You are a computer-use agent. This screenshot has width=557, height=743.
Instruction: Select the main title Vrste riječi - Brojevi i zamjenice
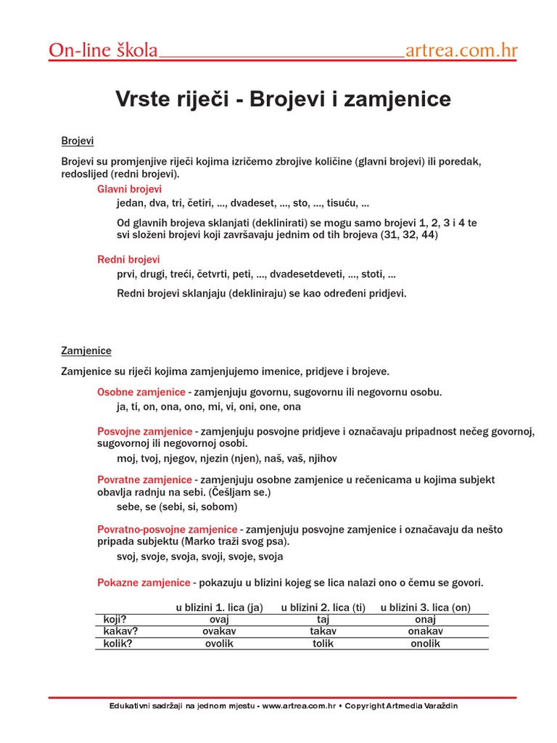(x=283, y=99)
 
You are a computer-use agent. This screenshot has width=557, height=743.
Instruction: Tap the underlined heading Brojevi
(x=78, y=140)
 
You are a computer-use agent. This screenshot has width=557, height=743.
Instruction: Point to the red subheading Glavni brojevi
(x=130, y=189)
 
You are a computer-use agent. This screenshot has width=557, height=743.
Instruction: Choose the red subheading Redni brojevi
(x=129, y=259)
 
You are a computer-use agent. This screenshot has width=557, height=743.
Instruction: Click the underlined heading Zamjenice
(x=86, y=350)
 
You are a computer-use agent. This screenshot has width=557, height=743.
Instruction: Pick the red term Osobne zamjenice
(x=141, y=393)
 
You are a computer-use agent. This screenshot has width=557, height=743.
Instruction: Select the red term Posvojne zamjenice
(x=145, y=432)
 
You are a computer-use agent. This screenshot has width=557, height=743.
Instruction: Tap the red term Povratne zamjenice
(x=145, y=480)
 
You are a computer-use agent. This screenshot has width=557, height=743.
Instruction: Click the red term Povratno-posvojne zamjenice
(x=168, y=529)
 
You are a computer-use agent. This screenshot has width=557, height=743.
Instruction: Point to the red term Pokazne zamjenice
(x=144, y=583)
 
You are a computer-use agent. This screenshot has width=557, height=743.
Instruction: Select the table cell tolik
(x=323, y=644)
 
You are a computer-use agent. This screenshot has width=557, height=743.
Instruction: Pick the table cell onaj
(x=425, y=620)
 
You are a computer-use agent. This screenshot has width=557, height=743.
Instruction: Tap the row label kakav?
(x=120, y=631)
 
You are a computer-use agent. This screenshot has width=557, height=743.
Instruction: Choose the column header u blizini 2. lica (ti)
(x=323, y=607)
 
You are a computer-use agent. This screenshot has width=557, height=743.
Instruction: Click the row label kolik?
(x=118, y=644)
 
